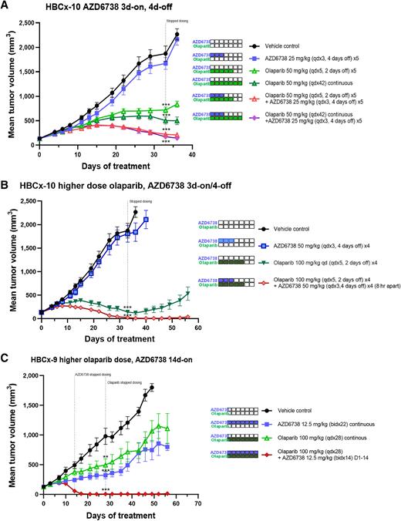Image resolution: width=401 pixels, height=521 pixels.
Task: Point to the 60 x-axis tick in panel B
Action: [x=198, y=327]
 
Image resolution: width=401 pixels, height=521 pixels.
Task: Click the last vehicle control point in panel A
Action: [x=177, y=35]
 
